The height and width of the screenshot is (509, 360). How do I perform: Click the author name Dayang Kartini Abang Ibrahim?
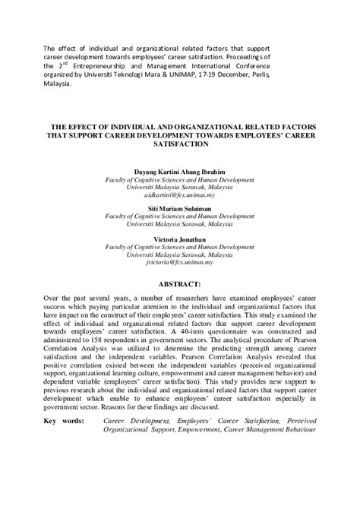(180, 171)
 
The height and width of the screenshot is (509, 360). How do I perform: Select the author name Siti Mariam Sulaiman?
(180, 208)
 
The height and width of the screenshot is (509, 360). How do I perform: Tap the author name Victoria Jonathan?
(180, 239)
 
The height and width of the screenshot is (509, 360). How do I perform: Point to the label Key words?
(65, 420)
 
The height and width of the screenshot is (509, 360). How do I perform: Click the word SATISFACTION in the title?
(180, 144)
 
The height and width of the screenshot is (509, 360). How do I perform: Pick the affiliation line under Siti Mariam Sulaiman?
(180, 216)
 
